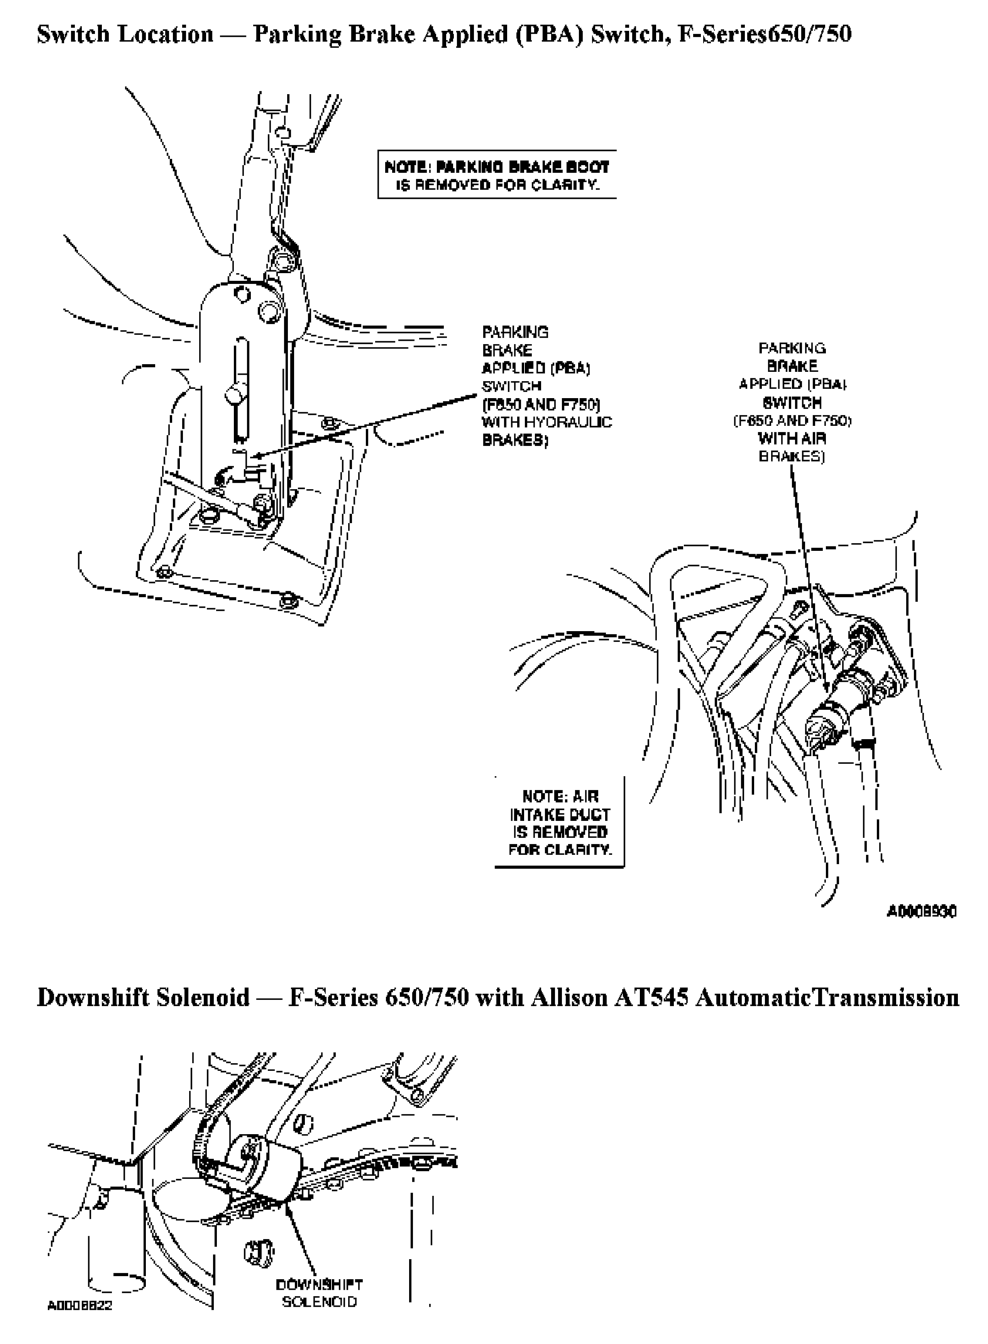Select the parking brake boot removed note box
496,175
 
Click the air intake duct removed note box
560,823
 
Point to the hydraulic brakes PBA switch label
546,386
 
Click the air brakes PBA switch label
792,402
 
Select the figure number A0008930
922,912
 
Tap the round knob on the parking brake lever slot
234,397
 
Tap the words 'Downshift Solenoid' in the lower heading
144,998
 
